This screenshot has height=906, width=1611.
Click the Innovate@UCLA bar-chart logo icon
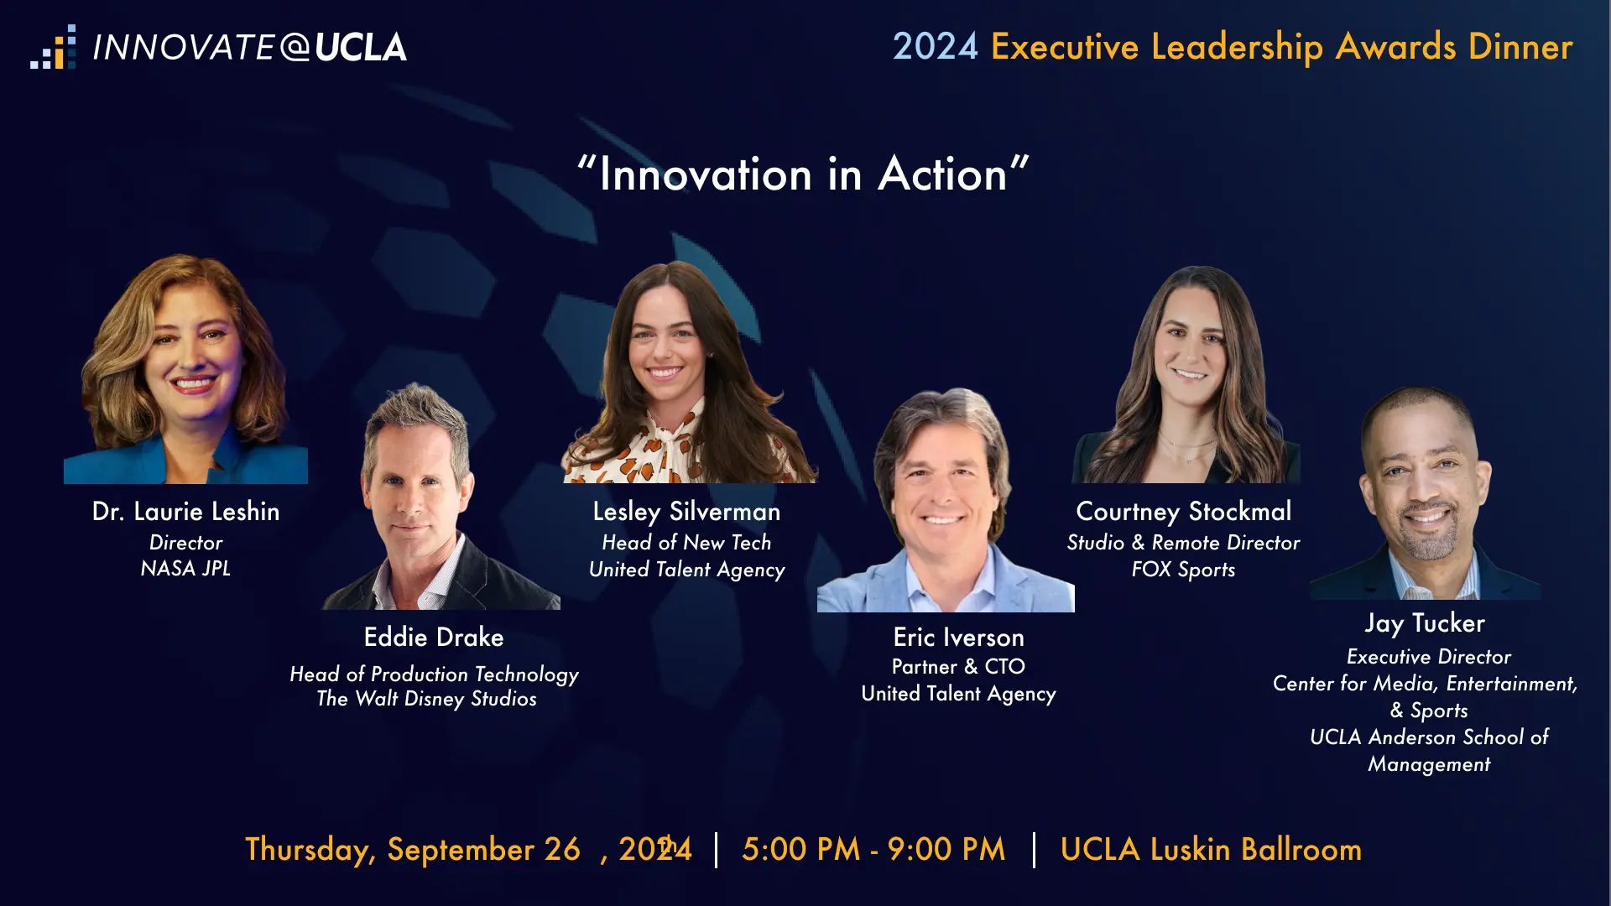53,47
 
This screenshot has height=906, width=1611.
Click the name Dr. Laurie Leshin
185,511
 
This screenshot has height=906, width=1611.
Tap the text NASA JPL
185,569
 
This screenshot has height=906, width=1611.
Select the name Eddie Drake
434,637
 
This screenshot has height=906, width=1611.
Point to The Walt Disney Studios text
426,699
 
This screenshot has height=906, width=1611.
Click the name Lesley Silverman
686,512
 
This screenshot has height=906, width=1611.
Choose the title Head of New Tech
686,543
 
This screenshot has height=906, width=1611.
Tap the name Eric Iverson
958,638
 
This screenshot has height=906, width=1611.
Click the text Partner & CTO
958,667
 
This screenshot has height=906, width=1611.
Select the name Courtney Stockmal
1184,512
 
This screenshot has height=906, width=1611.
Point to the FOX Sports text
1183,570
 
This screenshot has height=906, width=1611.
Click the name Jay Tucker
1425,623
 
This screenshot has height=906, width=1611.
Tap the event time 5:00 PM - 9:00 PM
873,849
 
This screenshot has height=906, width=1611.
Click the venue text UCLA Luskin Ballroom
1211,849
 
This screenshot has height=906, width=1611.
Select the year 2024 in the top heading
935,46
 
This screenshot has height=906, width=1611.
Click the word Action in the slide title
942,174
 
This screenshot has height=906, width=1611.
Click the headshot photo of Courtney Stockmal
1186,374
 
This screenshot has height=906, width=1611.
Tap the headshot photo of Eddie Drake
441,496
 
